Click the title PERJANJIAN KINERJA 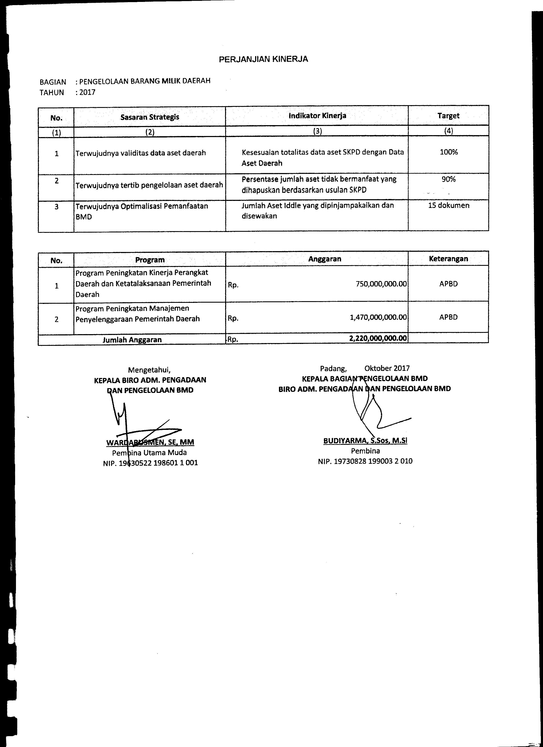coord(264,59)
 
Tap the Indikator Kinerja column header coord(317,116)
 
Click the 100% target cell coord(448,152)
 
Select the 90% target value coord(448,179)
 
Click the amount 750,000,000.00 coord(381,284)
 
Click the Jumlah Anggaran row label coord(132,340)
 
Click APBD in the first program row coord(448,284)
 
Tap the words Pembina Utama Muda coord(149,452)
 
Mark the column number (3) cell coord(317,131)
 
